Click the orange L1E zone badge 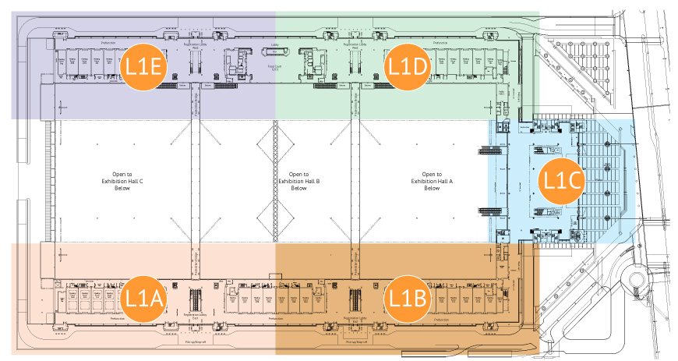[x=144, y=67]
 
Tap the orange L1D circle [x=408, y=67]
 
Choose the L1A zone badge [x=144, y=297]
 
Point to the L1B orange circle [x=408, y=297]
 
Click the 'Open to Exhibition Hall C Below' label [x=118, y=180]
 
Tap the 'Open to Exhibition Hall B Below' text [x=294, y=180]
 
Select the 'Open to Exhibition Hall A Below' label [x=426, y=180]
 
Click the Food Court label [x=274, y=69]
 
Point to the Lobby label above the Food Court [x=274, y=45]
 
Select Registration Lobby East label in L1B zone [x=352, y=320]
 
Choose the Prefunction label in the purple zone [x=109, y=42]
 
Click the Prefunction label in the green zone [x=441, y=42]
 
